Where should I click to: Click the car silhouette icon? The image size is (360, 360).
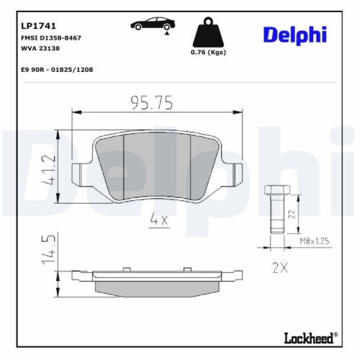(150, 27)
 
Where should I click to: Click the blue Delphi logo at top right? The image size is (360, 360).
(294, 34)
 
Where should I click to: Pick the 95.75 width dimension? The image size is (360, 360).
(152, 104)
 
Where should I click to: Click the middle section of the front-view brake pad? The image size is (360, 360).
(157, 166)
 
